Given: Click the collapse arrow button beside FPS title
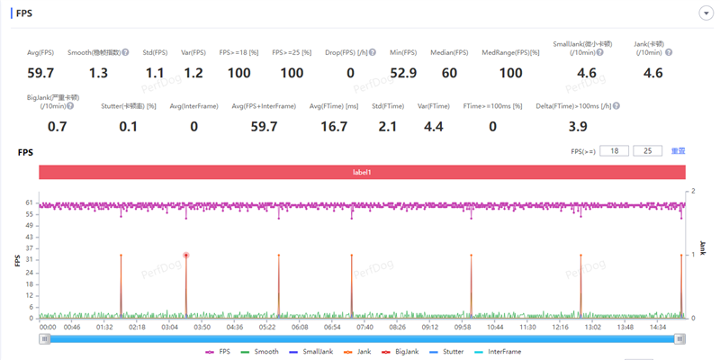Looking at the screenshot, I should (x=706, y=13).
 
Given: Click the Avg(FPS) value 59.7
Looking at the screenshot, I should (x=40, y=73).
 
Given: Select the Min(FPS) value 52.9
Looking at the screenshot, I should (x=403, y=73).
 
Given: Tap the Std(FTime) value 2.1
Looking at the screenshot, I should (x=387, y=126).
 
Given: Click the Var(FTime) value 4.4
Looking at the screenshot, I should (x=433, y=126).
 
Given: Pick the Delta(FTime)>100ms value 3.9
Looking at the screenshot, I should (x=578, y=126).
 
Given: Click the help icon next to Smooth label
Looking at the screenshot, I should (x=125, y=52).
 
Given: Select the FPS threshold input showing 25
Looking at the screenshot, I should (x=647, y=151).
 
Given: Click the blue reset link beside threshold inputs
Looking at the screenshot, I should (x=678, y=151).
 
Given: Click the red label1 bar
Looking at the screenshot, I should (x=362, y=171).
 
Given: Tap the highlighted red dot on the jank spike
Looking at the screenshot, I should (x=186, y=255).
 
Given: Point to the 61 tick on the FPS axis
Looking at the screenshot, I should (x=31, y=203).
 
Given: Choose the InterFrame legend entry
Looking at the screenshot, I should (x=499, y=352).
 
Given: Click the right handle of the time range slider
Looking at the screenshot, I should (x=680, y=338).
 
